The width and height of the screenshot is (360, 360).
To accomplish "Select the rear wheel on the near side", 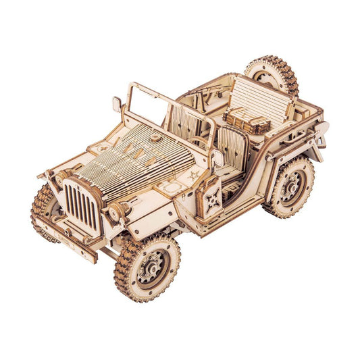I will [290, 186].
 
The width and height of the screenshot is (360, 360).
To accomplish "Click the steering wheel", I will [196, 144].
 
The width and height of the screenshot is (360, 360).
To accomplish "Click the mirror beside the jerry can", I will [217, 159].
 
